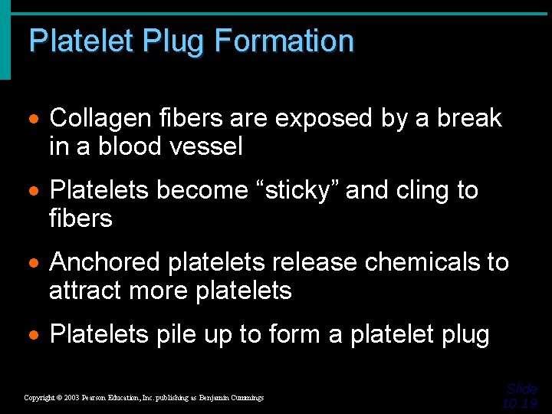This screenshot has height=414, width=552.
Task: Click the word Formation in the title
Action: point(284,41)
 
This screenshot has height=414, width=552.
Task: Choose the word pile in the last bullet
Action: point(176,334)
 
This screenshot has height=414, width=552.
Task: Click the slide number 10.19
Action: point(521,403)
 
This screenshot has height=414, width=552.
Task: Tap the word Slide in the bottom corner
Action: point(522,389)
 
